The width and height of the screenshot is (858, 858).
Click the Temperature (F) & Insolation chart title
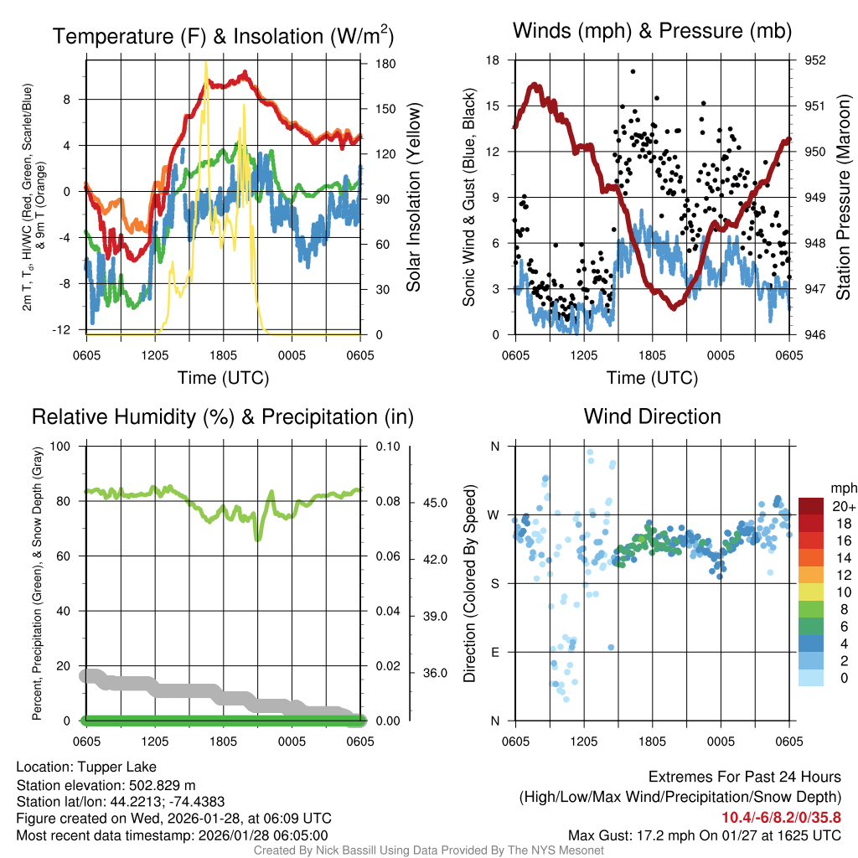pyautogui.click(x=223, y=36)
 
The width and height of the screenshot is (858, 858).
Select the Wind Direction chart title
pyautogui.click(x=652, y=416)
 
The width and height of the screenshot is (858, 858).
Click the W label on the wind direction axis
pyautogui.click(x=494, y=514)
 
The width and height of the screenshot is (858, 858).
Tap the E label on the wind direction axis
pyautogui.click(x=494, y=652)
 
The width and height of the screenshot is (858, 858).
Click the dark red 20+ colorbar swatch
pyautogui.click(x=811, y=506)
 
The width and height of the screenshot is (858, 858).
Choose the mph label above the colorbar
pyautogui.click(x=841, y=488)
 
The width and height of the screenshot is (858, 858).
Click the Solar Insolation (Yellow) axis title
pyautogui.click(x=414, y=197)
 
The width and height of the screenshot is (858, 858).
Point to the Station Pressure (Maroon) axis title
pyautogui.click(x=843, y=197)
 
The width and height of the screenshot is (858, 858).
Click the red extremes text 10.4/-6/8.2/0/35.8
pyautogui.click(x=781, y=816)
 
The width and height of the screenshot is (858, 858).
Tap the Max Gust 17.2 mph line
pyautogui.click(x=704, y=835)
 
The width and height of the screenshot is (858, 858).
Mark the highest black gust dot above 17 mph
pyautogui.click(x=633, y=72)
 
